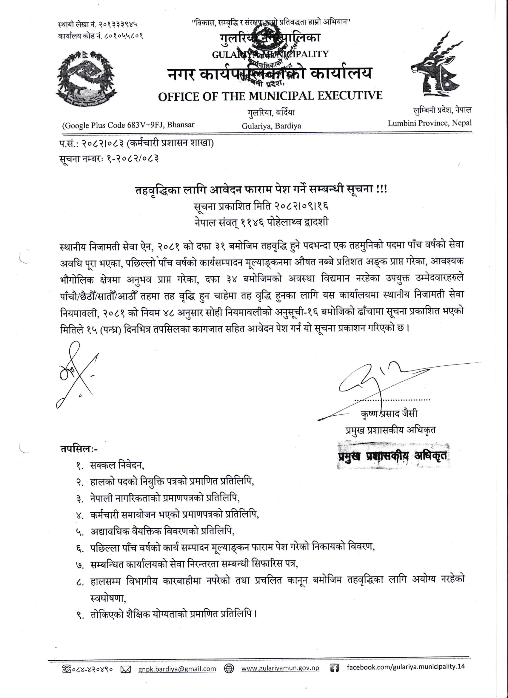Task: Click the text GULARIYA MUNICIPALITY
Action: pyautogui.click(x=270, y=54)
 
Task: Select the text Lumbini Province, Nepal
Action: pyautogui.click(x=429, y=123)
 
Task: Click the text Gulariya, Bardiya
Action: pyautogui.click(x=271, y=125)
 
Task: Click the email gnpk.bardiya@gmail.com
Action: pyautogui.click(x=177, y=668)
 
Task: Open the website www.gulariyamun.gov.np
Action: pyautogui.click(x=280, y=668)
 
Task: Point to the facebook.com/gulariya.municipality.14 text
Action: pyautogui.click(x=406, y=667)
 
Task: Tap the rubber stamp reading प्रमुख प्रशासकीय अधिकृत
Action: pyautogui.click(x=393, y=456)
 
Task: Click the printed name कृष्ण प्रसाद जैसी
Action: pyautogui.click(x=389, y=413)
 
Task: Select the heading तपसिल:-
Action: pyautogui.click(x=79, y=449)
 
